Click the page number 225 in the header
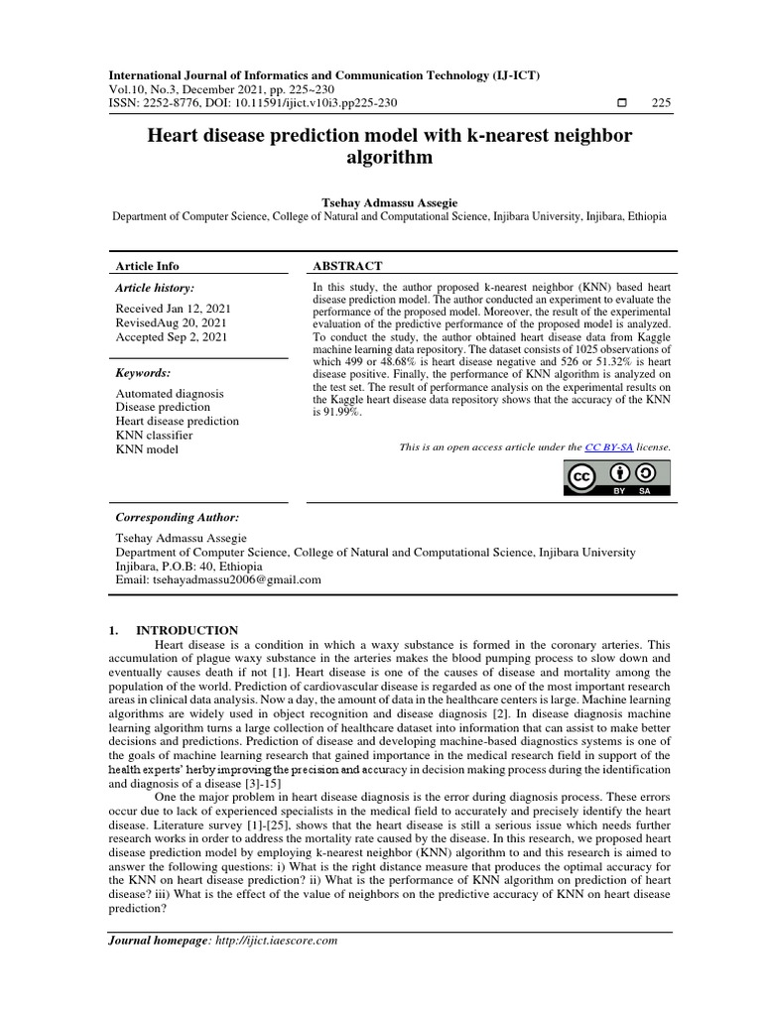click(x=661, y=103)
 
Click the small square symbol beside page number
click(x=621, y=103)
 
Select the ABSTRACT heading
click(x=347, y=266)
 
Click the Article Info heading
click(x=148, y=266)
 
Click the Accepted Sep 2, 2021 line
click(x=171, y=337)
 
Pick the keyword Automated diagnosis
click(x=170, y=393)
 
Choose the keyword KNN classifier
click(x=155, y=435)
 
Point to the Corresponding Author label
click(x=178, y=517)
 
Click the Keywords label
click(x=143, y=372)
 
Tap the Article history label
click(x=155, y=287)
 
